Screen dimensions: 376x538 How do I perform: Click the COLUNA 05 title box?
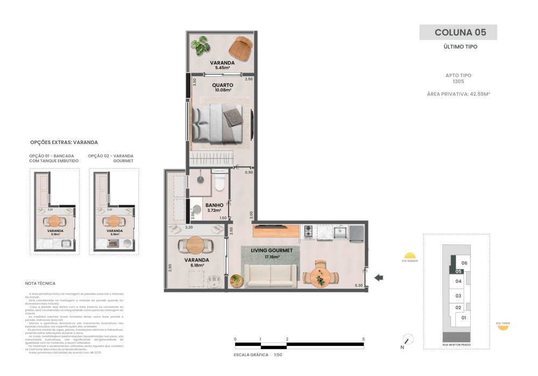click(458, 32)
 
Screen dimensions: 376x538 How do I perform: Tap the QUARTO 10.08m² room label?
click(222, 88)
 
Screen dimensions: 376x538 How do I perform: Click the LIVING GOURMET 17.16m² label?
click(271, 253)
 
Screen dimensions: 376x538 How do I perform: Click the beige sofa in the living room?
click(270, 276)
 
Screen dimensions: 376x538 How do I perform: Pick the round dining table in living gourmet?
click(320, 276)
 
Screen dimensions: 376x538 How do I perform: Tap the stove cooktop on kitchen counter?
click(309, 232)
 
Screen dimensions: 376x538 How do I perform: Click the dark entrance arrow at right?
click(379, 277)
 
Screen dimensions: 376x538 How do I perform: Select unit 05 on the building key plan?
click(458, 272)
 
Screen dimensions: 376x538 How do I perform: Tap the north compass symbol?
click(408, 339)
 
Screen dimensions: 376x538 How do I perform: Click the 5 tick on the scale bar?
click(364, 339)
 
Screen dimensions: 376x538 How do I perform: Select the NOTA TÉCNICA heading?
click(40, 283)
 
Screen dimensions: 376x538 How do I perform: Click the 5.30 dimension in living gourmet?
click(359, 285)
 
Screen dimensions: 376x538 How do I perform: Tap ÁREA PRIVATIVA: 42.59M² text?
click(458, 93)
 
